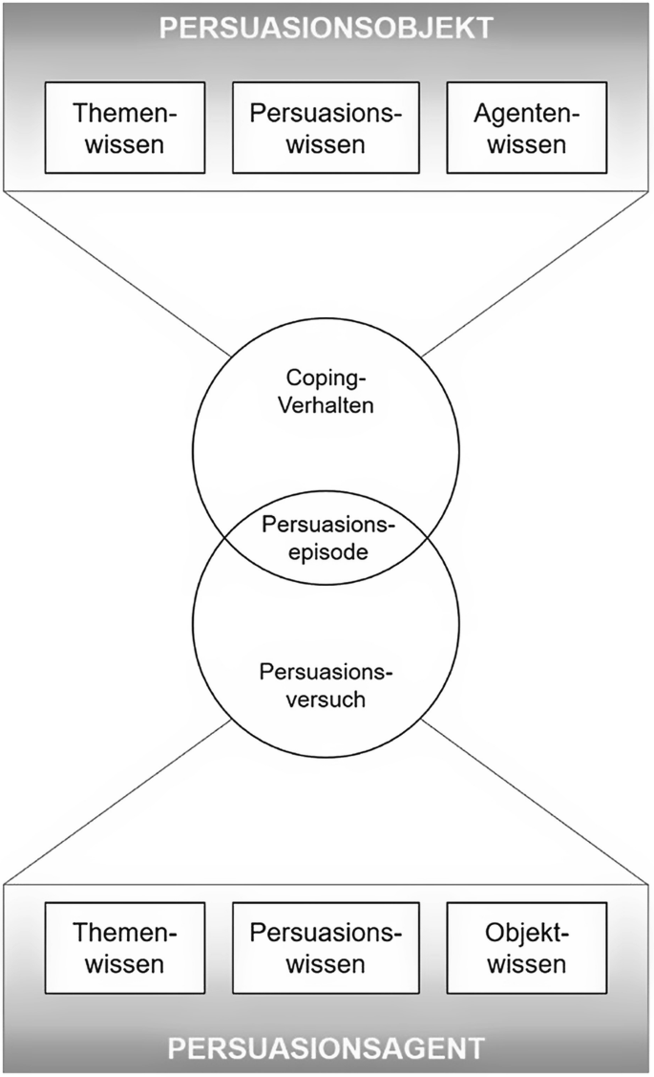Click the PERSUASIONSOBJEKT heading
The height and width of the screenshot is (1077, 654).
coord(326,27)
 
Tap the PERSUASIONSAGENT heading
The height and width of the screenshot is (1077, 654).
coord(326,1049)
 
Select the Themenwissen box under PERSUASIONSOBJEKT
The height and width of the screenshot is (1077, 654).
coord(125,128)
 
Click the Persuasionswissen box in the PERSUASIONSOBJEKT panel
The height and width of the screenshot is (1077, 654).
coord(327,128)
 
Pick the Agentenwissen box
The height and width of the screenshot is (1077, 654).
coord(526,128)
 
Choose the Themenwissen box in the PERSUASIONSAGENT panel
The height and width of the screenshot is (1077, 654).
coord(125,947)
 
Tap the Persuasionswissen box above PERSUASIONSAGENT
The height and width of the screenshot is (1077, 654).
coord(327,947)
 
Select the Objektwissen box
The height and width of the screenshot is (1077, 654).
coord(526,947)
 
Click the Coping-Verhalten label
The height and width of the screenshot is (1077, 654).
coord(325,391)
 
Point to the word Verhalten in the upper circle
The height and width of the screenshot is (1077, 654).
coord(325,404)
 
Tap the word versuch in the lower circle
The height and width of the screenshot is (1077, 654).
coord(326,699)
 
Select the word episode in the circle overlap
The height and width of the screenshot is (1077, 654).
coord(327,553)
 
